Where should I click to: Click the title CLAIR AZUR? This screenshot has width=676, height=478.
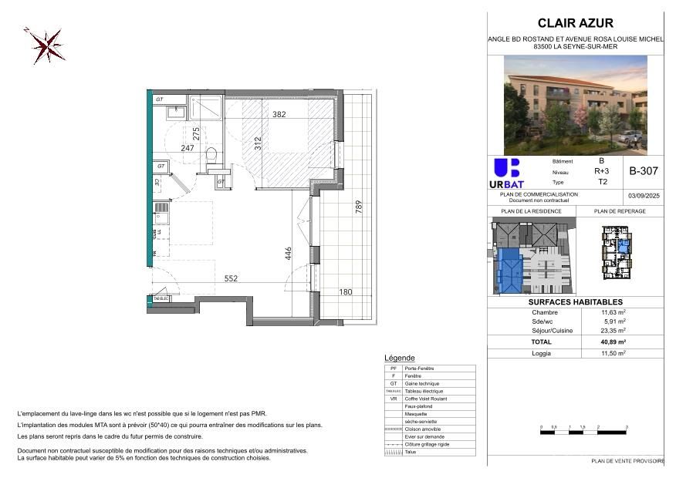(575, 23)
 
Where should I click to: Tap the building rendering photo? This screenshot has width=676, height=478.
(576, 105)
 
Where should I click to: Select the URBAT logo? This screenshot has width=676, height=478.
(506, 174)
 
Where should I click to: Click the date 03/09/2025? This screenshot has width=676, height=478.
(643, 197)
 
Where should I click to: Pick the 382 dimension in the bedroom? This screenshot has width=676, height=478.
(279, 115)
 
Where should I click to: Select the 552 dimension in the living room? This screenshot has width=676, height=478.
(232, 279)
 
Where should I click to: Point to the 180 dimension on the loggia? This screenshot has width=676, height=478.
(346, 292)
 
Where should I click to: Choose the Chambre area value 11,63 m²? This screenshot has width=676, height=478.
(613, 311)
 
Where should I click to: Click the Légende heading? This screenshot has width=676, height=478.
(399, 358)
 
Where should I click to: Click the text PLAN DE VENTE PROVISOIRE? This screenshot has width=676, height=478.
(627, 460)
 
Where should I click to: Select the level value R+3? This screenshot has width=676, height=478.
(600, 172)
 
